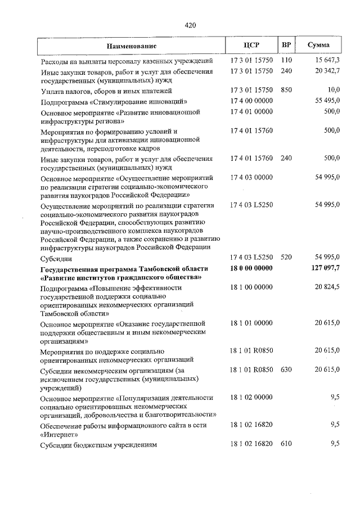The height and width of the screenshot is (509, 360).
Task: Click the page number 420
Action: pyautogui.click(x=190, y=25)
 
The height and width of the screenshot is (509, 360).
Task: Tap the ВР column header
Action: pyautogui.click(x=286, y=45)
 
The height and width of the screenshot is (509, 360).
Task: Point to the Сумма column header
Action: pyautogui.click(x=319, y=45)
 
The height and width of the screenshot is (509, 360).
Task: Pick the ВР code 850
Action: pyautogui.click(x=287, y=90)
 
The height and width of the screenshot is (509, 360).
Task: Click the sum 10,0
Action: pyautogui.click(x=334, y=90)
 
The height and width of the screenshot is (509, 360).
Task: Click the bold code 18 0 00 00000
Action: pyautogui.click(x=251, y=268)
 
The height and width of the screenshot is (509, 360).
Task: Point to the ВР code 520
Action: pyautogui.click(x=287, y=258)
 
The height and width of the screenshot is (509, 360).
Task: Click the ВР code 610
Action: pyautogui.click(x=287, y=444)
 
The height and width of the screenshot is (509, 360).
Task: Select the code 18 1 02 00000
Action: pyautogui.click(x=251, y=397)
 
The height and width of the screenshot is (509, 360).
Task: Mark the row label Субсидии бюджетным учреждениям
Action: pyautogui.click(x=98, y=445)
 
